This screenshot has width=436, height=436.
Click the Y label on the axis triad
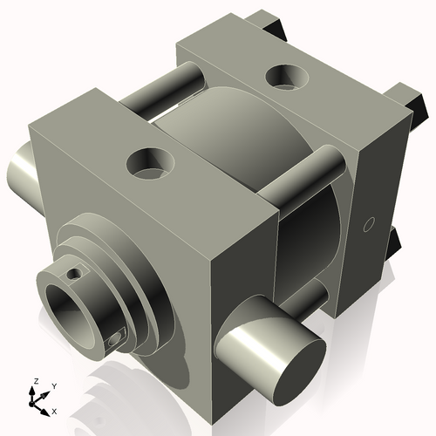53,385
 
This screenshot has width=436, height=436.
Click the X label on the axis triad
54,410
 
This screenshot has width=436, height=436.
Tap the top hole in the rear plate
285,78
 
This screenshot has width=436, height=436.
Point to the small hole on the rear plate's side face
367,224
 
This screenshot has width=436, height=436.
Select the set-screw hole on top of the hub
74,273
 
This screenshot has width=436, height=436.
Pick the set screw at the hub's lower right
116,339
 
